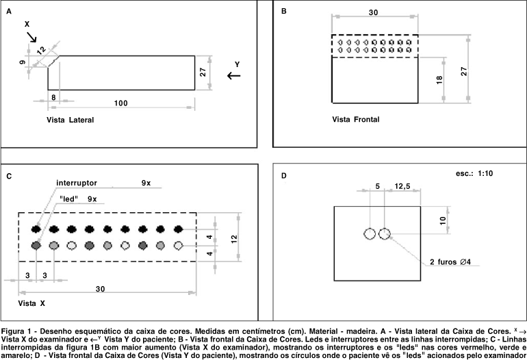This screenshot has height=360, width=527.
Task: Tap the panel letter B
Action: coord(283,12)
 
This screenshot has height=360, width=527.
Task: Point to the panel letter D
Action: coord(284,176)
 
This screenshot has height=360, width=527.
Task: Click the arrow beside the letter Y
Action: coord(234,76)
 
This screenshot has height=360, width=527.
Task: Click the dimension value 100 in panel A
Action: coord(120,103)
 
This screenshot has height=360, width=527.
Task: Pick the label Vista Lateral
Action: coord(70,120)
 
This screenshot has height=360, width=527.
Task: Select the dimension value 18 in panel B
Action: coord(438,80)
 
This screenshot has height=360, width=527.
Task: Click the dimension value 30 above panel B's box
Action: coord(373,12)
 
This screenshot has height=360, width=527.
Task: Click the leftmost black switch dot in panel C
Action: coord(36,229)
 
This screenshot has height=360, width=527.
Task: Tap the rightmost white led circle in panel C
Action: coord(179,245)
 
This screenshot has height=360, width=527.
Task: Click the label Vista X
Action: coord(31,303)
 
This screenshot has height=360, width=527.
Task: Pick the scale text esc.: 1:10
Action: coord(474,174)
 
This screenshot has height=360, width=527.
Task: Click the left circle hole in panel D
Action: coord(370,234)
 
